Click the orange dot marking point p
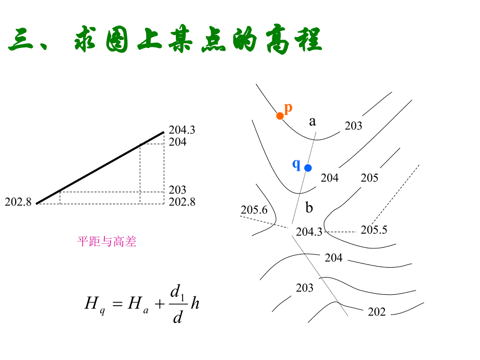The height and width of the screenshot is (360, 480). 280,116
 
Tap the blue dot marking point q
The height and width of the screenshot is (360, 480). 308,167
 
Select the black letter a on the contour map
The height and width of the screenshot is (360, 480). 313,122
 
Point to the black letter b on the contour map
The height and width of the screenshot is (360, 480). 309,208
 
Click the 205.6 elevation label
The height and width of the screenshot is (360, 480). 254,210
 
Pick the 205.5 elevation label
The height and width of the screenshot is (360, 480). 374,230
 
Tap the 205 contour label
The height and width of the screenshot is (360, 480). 369,178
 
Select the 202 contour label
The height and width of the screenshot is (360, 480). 377,312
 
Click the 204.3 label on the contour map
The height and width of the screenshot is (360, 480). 309,232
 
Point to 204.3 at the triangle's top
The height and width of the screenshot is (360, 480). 182,130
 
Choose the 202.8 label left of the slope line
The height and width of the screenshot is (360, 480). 18,202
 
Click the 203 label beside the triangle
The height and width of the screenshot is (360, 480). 177,190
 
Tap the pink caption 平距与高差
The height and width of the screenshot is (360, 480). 107,242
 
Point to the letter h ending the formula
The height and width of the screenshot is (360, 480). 195,303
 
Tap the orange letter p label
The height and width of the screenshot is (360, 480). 289,107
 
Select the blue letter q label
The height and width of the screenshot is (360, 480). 296,164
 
